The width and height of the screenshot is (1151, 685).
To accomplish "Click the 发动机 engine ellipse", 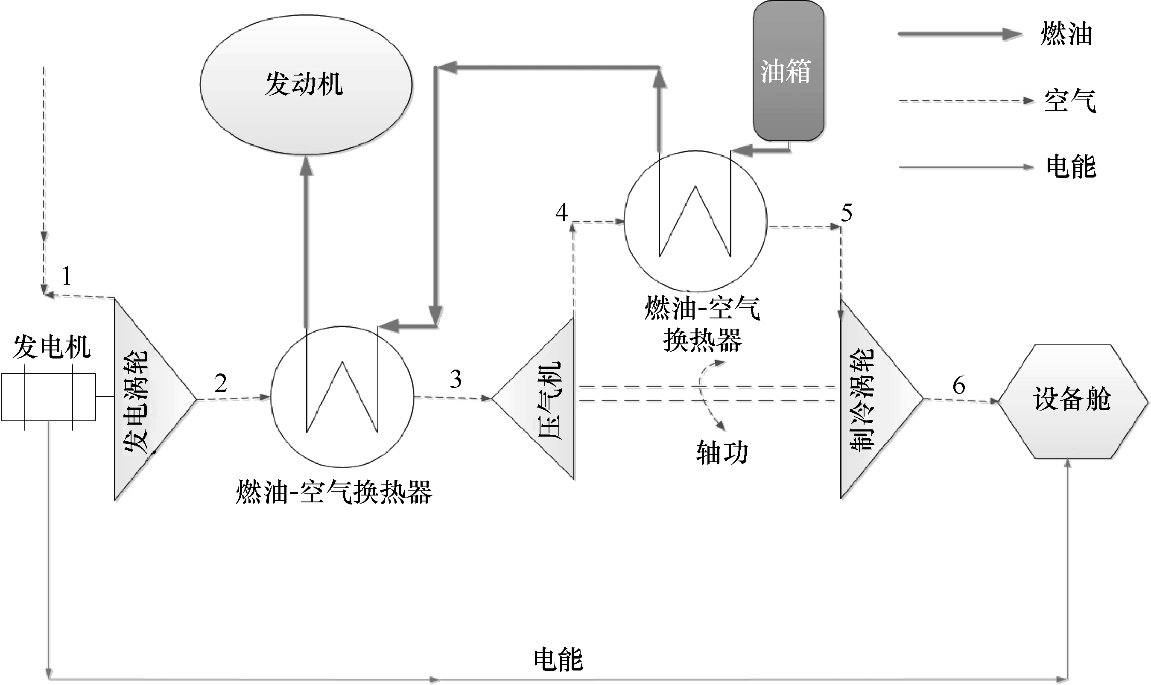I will pos(306,85).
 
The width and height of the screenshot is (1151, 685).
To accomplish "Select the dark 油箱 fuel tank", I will pos(788,70).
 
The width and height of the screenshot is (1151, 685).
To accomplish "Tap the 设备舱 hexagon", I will pos(1072,400).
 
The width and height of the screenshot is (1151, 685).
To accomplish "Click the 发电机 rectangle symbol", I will pos(49,397).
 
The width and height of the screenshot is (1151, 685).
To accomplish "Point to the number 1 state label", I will pos(67,277).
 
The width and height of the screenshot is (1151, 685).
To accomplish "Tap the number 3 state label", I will pos(456,379).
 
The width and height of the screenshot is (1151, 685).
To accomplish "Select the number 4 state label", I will pos(561,213).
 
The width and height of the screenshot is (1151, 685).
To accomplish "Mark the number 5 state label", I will pos(846,213).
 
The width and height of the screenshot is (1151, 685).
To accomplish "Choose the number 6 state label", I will pos(958,385).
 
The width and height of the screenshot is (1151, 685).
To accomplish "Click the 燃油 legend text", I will pos(1066,35).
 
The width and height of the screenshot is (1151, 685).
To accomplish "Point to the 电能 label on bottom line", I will pos(558,659).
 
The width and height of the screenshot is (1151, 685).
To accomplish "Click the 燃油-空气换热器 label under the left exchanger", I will pos(334,493).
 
